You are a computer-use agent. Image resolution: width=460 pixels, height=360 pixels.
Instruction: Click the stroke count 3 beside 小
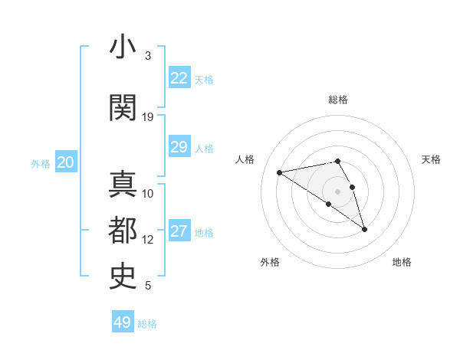[148, 56]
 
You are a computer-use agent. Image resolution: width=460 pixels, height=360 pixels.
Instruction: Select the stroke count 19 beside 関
[148, 117]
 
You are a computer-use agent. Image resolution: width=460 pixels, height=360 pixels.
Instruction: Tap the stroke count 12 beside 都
[148, 240]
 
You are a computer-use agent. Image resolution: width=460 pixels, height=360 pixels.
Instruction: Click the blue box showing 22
[179, 78]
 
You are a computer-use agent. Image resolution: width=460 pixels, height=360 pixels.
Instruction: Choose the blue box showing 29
[179, 147]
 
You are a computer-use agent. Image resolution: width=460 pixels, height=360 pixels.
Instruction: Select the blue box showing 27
[179, 231]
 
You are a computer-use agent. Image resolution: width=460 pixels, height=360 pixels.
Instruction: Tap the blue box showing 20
[66, 162]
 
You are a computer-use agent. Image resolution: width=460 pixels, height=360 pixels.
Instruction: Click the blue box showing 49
[123, 322]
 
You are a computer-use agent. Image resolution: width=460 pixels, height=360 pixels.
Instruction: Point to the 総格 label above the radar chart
[338, 100]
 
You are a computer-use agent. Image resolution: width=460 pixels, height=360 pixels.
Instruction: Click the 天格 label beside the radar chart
[431, 159]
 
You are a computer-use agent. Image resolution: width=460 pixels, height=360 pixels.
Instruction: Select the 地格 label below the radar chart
[402, 262]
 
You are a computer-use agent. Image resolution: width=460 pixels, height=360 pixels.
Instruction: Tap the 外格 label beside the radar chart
[270, 262]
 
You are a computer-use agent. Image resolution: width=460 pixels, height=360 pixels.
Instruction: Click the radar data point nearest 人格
[280, 172]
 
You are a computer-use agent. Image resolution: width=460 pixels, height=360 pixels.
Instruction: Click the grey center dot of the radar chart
[338, 191]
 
